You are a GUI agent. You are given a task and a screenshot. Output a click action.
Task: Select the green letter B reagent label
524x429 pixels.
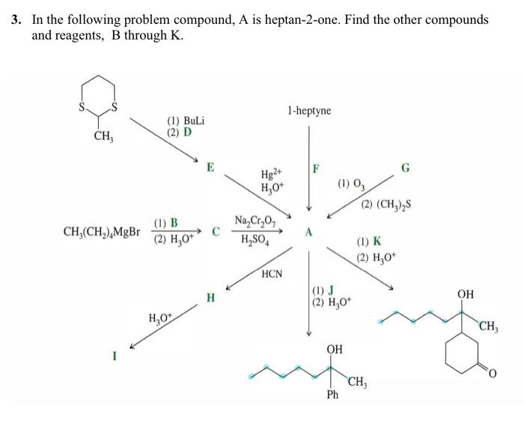tap(174, 222)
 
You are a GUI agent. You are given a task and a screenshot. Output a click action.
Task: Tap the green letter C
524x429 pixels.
tap(216, 231)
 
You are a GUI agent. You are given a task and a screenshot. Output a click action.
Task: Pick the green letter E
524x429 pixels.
tap(211, 167)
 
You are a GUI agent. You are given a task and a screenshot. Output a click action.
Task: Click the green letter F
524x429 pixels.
tap(316, 168)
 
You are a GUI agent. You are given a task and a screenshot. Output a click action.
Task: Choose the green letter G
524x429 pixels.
tap(406, 168)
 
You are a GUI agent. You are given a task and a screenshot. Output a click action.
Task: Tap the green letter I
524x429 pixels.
tap(115, 356)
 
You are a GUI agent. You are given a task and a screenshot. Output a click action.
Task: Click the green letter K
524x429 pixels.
tap(377, 242)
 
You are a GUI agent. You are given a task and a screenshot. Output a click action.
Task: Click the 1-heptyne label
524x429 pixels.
tap(308, 111)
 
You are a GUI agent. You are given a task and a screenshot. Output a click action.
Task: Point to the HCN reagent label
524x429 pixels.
tap(272, 274)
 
